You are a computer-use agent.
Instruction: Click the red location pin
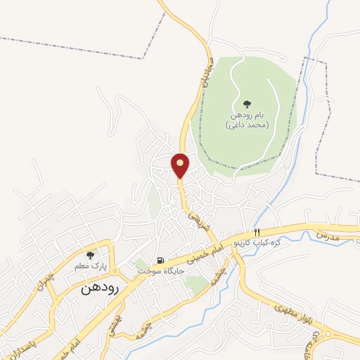coord(180,165)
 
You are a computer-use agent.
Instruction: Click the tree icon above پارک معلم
coord(89,255)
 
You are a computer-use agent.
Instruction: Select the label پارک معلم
coord(89,267)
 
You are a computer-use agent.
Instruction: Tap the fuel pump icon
coord(161,260)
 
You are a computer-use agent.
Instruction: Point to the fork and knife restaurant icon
coord(257,232)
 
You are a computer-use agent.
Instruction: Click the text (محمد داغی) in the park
coord(247,124)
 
